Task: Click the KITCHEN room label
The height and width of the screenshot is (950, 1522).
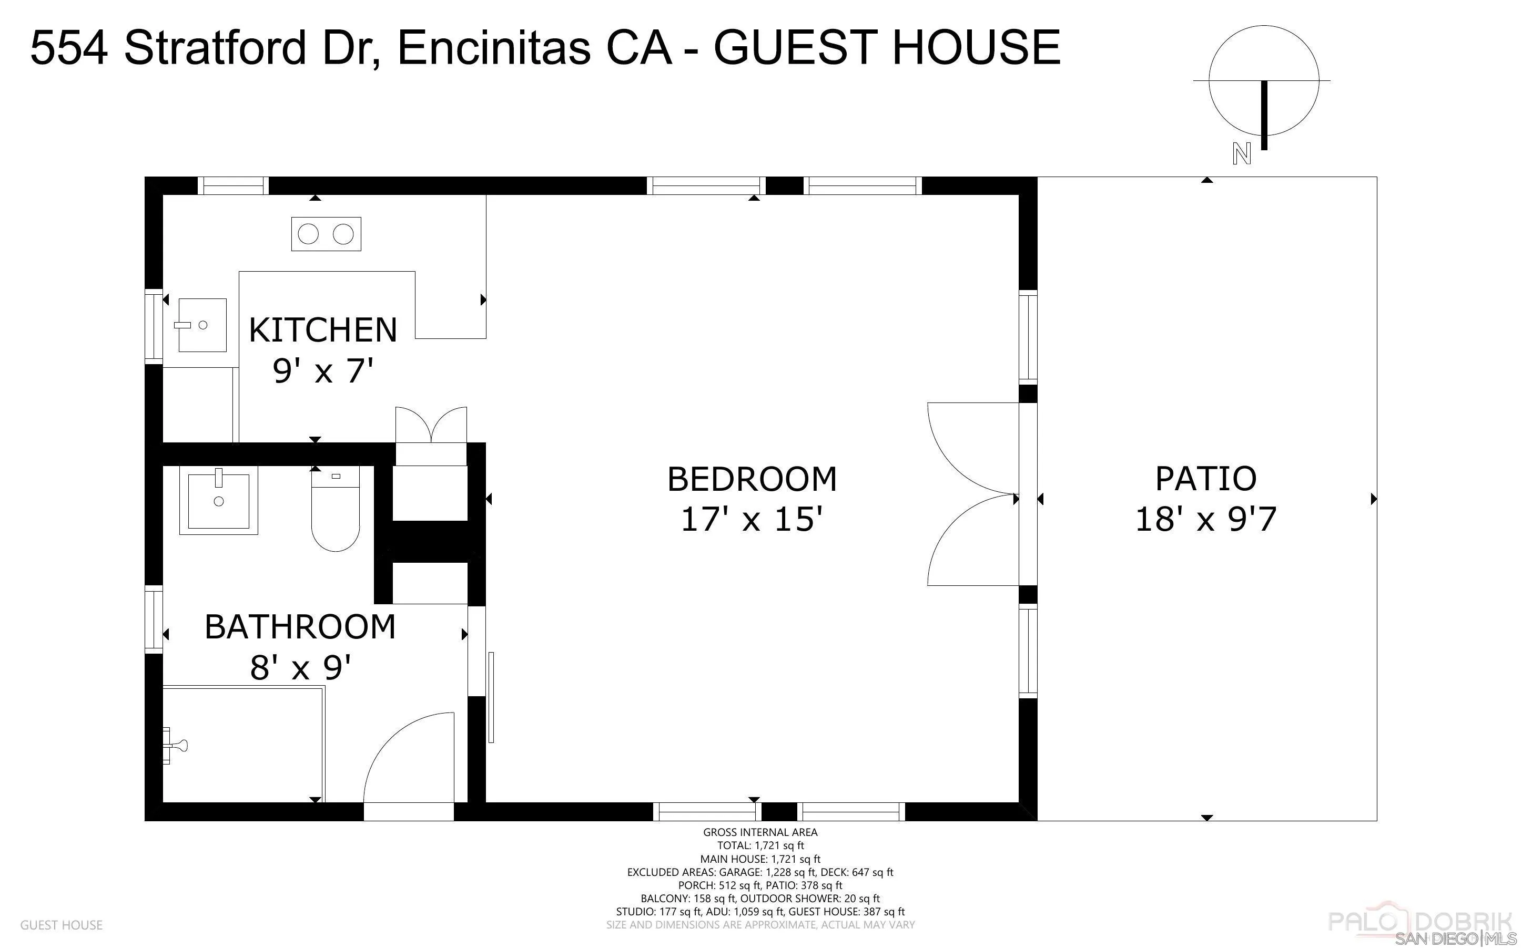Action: [322, 330]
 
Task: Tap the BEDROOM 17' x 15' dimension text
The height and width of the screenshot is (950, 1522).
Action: [752, 520]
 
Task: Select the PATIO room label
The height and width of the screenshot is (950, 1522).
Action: [1205, 479]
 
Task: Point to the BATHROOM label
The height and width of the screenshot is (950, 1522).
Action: [300, 627]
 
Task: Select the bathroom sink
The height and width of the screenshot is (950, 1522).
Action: [218, 500]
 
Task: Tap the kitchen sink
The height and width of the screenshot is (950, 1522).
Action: [202, 325]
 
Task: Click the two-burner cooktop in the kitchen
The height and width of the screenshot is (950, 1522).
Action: [326, 234]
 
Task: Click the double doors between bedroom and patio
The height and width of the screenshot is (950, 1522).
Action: [973, 494]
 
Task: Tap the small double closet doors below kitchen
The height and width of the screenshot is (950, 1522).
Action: [431, 424]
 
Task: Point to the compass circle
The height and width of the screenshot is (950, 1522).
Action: [1263, 80]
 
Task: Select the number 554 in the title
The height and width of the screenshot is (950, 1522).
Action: [69, 48]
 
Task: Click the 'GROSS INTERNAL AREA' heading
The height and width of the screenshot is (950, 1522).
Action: [759, 832]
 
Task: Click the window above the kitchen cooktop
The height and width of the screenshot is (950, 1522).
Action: [233, 186]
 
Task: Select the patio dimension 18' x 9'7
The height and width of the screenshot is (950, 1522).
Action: [1205, 520]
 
